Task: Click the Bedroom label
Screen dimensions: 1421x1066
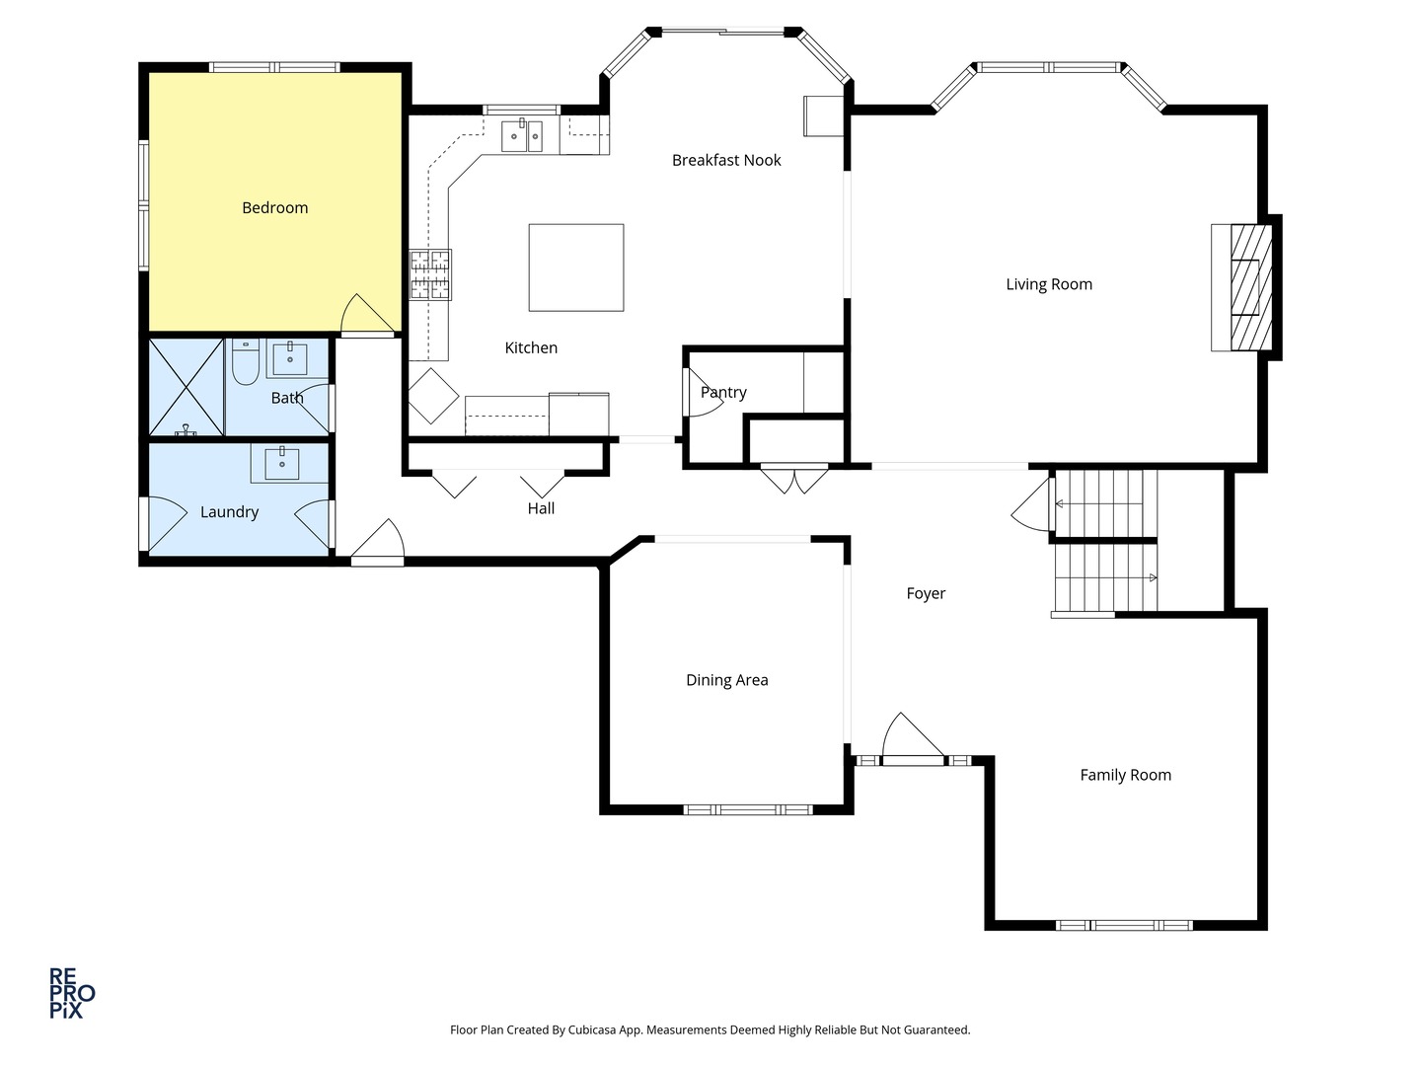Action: pyautogui.click(x=275, y=207)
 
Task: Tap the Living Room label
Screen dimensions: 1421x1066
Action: pyautogui.click(x=1049, y=284)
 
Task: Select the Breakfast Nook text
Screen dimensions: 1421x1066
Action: pyautogui.click(x=726, y=160)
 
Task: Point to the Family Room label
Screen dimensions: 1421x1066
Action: pyautogui.click(x=1125, y=775)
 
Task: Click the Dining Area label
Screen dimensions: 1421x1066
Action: pyautogui.click(x=727, y=680)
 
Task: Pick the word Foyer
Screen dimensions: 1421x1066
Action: pyautogui.click(x=926, y=593)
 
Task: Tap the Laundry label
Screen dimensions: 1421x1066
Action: pyautogui.click(x=229, y=512)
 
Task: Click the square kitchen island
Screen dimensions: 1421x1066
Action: pyautogui.click(x=576, y=267)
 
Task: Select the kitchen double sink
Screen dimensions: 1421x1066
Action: pyautogui.click(x=522, y=136)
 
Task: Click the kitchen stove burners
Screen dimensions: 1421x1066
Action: pyautogui.click(x=430, y=275)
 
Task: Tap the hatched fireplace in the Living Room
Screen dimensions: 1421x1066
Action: pyautogui.click(x=1250, y=287)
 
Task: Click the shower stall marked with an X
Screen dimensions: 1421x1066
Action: pyautogui.click(x=187, y=387)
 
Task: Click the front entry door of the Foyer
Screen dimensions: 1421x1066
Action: pyautogui.click(x=913, y=739)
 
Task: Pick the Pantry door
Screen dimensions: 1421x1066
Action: pyautogui.click(x=703, y=392)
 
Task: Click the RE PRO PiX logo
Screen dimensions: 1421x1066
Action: pyautogui.click(x=72, y=993)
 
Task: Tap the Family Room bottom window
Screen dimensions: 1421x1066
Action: pyautogui.click(x=1124, y=926)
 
